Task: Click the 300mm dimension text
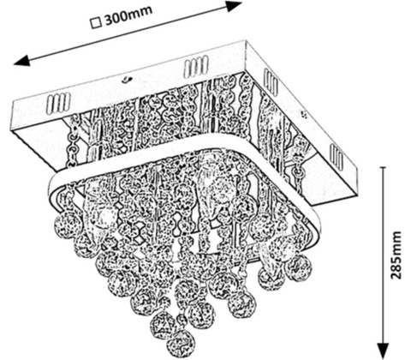pyautogui.click(x=128, y=15)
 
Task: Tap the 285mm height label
pyautogui.click(x=396, y=255)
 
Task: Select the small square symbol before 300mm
pyautogui.click(x=97, y=23)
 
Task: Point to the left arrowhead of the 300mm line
pyautogui.click(x=21, y=60)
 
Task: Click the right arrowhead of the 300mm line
pyautogui.click(x=234, y=6)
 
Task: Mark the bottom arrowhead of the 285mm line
pyautogui.click(x=384, y=349)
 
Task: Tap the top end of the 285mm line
pyautogui.click(x=384, y=167)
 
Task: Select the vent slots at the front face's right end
pyautogui.click(x=196, y=67)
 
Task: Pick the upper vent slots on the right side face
pyautogui.click(x=271, y=82)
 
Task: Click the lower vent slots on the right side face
pyautogui.click(x=337, y=156)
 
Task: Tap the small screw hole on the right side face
pyautogui.click(x=305, y=115)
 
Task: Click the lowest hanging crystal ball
pyautogui.click(x=182, y=343)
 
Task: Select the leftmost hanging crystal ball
pyautogui.click(x=68, y=225)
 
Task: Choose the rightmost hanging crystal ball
pyautogui.click(x=299, y=267)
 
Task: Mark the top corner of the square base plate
pyautogui.click(x=245, y=41)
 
